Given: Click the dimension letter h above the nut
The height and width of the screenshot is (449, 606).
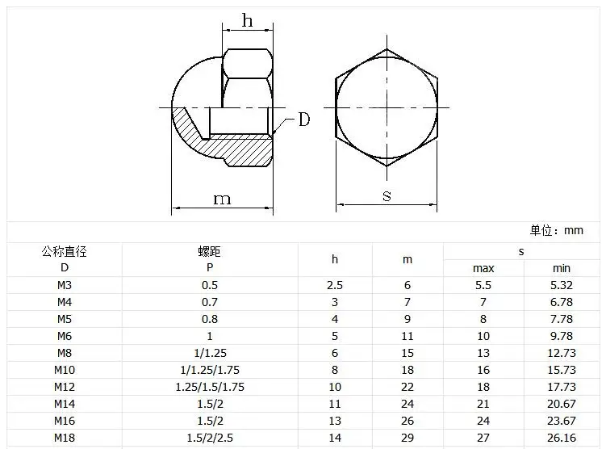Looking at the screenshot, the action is click(248, 20).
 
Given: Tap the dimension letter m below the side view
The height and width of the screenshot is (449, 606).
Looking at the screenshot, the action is click(222, 199).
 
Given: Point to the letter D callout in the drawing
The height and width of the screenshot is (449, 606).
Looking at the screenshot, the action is click(304, 120).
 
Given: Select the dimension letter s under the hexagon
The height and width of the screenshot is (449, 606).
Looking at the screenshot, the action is click(387, 195).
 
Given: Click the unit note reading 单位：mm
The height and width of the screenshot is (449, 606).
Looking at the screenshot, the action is click(557, 230).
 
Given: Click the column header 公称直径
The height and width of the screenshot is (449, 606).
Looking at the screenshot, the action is click(65, 252).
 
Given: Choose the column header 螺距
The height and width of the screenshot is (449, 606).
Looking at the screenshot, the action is click(210, 252).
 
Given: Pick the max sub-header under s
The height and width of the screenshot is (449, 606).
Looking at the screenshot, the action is click(483, 268).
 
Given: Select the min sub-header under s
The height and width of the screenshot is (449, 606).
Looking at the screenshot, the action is click(562, 268).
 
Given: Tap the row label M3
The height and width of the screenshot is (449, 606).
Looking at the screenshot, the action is click(65, 285).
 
